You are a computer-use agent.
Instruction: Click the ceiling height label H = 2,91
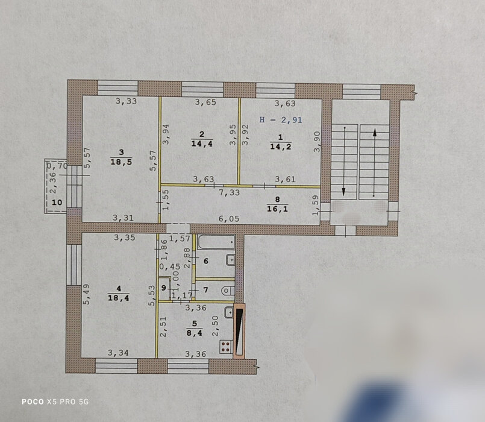coord(281,120)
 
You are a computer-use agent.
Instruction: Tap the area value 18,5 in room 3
coord(121,162)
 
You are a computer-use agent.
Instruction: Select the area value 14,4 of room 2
coord(202,143)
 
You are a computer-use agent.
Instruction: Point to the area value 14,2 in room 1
coord(281,146)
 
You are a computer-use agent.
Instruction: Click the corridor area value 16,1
coord(277,209)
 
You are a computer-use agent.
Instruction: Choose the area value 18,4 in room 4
coord(119,298)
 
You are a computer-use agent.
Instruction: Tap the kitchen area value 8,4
coord(194,333)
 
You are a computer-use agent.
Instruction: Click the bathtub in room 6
coord(216,242)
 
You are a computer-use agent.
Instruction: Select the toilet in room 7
coord(228,291)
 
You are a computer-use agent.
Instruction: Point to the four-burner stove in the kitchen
coord(226,347)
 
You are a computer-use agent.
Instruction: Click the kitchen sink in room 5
coord(229,312)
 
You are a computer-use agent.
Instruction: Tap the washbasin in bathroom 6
coord(231,260)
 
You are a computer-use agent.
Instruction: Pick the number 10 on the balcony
coord(57,203)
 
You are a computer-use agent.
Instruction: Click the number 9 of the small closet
coord(164,288)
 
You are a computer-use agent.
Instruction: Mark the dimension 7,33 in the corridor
coord(229,192)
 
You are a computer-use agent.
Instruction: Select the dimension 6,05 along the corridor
coord(229,219)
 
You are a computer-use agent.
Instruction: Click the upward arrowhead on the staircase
coord(375,133)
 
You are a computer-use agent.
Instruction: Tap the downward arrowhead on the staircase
coord(344,192)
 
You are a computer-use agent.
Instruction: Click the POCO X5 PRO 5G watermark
coord(55,402)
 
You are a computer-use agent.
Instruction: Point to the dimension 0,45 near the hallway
coord(170,266)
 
